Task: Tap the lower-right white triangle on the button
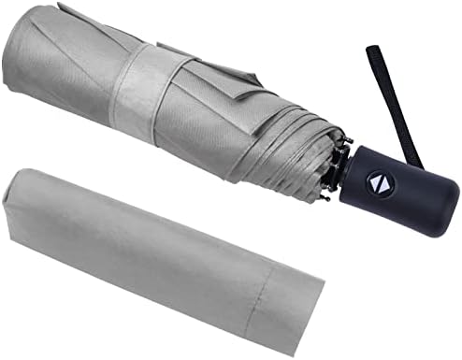[x=387, y=185]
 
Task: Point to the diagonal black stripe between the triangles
[x=383, y=181]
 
